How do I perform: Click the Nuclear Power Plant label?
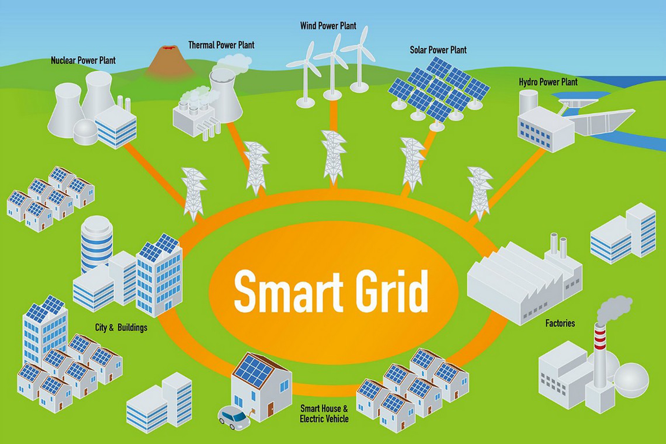[x=83, y=60]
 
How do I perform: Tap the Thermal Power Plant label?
[x=221, y=45]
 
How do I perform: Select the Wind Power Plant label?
[x=328, y=26]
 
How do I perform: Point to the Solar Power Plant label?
[x=438, y=50]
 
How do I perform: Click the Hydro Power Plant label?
[x=548, y=82]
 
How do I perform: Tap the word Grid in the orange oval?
[x=392, y=291]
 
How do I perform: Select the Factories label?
[x=560, y=323]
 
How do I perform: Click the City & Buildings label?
[x=121, y=327]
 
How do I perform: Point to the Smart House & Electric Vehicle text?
[x=324, y=413]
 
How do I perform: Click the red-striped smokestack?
[x=600, y=350]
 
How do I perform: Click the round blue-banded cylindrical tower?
[x=96, y=243]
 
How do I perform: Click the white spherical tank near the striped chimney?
[x=631, y=380]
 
